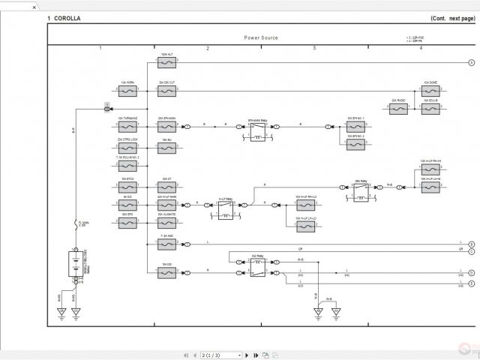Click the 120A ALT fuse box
(166, 63)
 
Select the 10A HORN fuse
(127, 91)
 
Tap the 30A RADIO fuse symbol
(397, 108)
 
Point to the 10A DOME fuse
(430, 91)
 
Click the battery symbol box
(75, 266)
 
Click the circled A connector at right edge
(471, 63)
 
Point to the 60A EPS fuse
(127, 223)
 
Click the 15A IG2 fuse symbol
(166, 274)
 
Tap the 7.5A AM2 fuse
(166, 244)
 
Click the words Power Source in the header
(260, 37)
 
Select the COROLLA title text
(67, 18)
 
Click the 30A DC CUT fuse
(166, 91)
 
